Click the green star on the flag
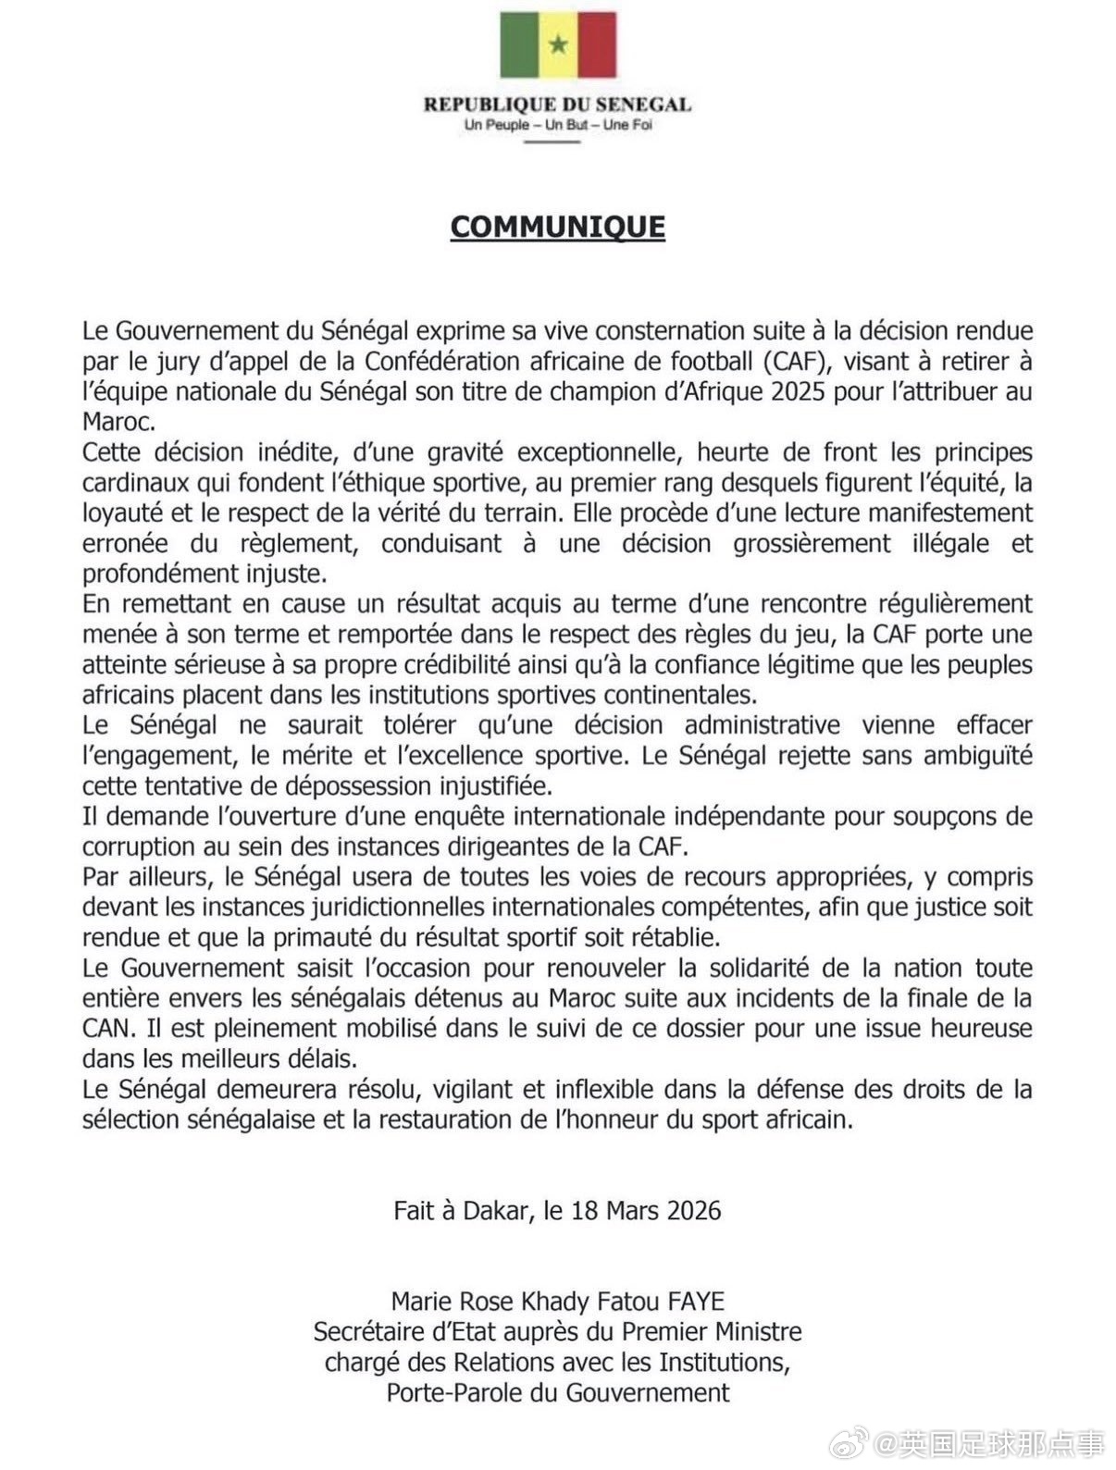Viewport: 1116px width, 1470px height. coord(558,43)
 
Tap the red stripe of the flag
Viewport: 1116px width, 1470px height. coord(597,43)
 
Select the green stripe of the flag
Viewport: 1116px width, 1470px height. coord(519,43)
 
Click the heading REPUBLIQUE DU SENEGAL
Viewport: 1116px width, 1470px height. coord(557,105)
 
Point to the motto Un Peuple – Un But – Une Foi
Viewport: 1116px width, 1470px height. coord(558,125)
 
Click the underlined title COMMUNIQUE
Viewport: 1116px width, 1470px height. coord(557,228)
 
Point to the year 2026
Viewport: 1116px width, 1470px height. coord(689,1210)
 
